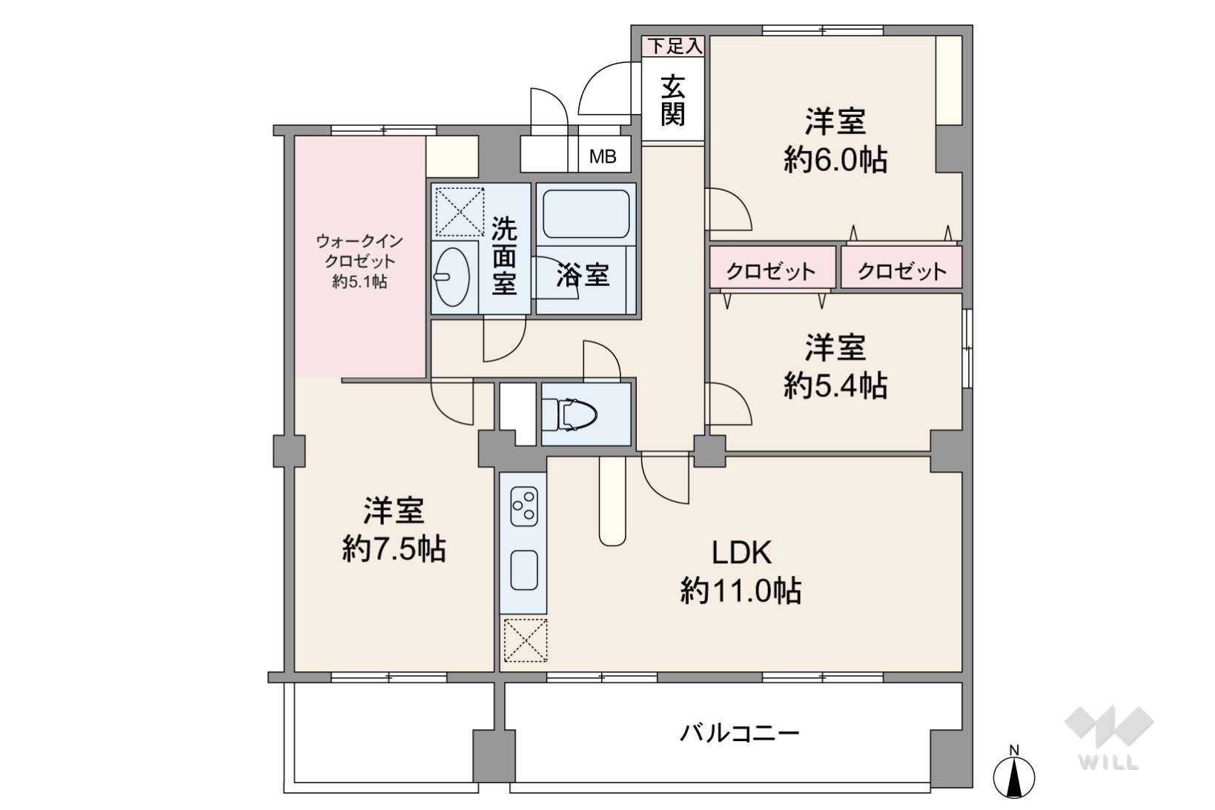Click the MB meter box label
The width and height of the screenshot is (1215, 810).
point(603,156)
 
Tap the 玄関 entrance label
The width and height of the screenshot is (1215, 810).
point(672,100)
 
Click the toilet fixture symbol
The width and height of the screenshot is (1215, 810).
point(569,414)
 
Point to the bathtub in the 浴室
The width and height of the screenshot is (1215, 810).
point(586,213)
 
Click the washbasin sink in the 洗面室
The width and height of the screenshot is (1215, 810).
point(452,277)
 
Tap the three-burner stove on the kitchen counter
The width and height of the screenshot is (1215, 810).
point(524,506)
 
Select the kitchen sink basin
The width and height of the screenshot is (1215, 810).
point(524,571)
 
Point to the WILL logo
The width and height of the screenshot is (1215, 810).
point(1109,737)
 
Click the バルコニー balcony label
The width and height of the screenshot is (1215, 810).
point(739,734)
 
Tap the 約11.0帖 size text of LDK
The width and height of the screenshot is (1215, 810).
point(741,591)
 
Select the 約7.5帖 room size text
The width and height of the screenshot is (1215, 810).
point(394,548)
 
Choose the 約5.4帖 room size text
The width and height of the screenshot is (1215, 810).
point(835,385)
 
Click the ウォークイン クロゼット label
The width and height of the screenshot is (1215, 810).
point(360,250)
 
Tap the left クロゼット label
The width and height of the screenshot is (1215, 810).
point(771,270)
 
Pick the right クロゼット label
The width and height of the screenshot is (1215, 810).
point(902,270)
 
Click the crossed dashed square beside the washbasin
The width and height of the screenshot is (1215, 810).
point(460,211)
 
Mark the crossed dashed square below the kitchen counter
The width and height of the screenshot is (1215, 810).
point(526,640)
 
